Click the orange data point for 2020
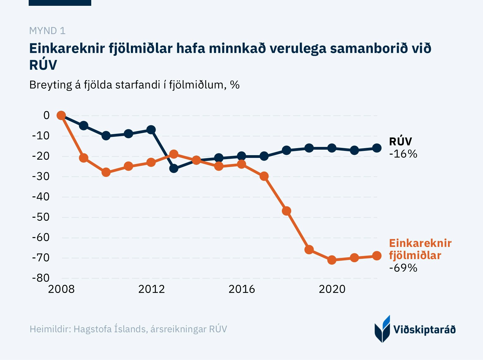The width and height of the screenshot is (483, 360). pyautogui.click(x=332, y=260)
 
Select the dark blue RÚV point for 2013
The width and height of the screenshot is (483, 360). pyautogui.click(x=174, y=168)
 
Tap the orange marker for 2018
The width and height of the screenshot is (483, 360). pyautogui.click(x=287, y=211)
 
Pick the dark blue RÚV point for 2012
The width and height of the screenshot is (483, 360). pyautogui.click(x=151, y=130)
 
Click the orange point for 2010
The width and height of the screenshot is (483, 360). pyautogui.click(x=106, y=172)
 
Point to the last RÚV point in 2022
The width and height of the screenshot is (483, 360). pyautogui.click(x=377, y=148)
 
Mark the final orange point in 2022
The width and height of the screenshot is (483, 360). pyautogui.click(x=377, y=256)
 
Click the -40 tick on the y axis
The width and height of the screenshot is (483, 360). pyautogui.click(x=41, y=197)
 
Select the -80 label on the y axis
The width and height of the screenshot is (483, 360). pyautogui.click(x=41, y=278)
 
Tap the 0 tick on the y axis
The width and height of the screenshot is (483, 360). pyautogui.click(x=46, y=115)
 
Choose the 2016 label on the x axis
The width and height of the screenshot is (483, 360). pyautogui.click(x=242, y=289)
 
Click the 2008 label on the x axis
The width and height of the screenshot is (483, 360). pyautogui.click(x=61, y=289)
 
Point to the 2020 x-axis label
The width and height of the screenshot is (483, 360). pyautogui.click(x=332, y=289)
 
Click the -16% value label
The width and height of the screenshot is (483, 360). pyautogui.click(x=403, y=154)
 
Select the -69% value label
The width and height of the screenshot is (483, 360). pyautogui.click(x=403, y=268)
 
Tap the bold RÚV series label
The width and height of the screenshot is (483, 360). pyautogui.click(x=400, y=141)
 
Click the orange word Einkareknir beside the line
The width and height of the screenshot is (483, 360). pyautogui.click(x=420, y=243)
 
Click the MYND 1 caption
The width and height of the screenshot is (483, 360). pyautogui.click(x=47, y=31)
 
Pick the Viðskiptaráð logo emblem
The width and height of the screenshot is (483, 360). pyautogui.click(x=382, y=329)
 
